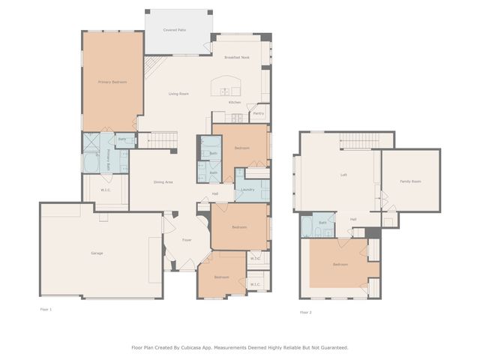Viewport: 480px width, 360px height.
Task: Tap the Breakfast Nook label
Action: pyautogui.click(x=235, y=57)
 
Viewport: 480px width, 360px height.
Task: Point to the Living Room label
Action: pyautogui.click(x=178, y=94)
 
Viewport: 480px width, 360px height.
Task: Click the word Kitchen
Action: pyautogui.click(x=235, y=102)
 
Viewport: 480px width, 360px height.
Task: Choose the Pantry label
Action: pyautogui.click(x=258, y=114)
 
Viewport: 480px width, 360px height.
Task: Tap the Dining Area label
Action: pyautogui.click(x=163, y=182)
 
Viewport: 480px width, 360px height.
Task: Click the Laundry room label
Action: pyautogui.click(x=248, y=190)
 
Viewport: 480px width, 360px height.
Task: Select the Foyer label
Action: pyautogui.click(x=187, y=240)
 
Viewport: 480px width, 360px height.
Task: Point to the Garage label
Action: pyautogui.click(x=97, y=253)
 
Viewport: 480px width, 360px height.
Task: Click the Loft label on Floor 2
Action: pyautogui.click(x=343, y=175)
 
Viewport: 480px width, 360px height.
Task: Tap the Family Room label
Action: pyautogui.click(x=410, y=181)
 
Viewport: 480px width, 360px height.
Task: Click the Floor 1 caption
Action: pyautogui.click(x=46, y=308)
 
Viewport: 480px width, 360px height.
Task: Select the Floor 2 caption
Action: pyautogui.click(x=305, y=312)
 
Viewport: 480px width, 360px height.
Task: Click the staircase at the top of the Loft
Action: pyautogui.click(x=365, y=140)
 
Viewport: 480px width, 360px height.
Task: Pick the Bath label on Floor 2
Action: pyautogui.click(x=322, y=223)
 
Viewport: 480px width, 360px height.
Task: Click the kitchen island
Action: pyautogui.click(x=230, y=84)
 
